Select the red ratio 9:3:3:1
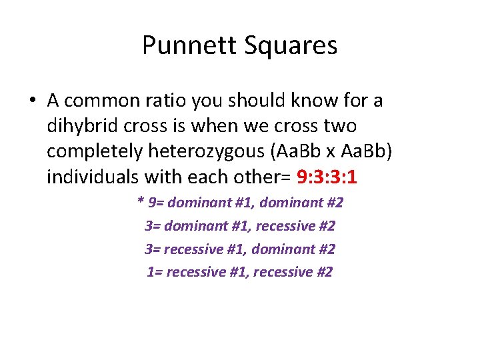pos(330,177)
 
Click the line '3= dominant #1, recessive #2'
pos(240,226)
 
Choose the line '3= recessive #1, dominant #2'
pos(240,249)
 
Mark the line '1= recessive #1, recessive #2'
pos(240,271)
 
